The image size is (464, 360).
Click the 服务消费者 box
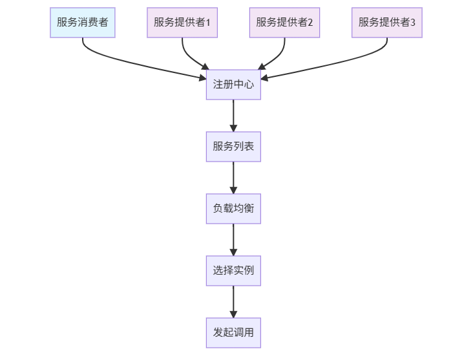pyautogui.click(x=82, y=23)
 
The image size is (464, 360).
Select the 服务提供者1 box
pyautogui.click(x=182, y=23)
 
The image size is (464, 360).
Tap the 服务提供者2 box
pyautogui.click(x=284, y=23)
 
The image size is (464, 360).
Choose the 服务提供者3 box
pyautogui.click(x=386, y=23)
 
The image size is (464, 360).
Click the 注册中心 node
pyautogui.click(x=233, y=84)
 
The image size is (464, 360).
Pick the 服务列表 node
pyautogui.click(x=233, y=146)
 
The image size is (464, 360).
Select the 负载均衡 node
pyautogui.click(x=233, y=208)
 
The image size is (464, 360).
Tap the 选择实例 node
pyautogui.click(x=233, y=270)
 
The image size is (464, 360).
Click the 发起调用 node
pyautogui.click(x=233, y=333)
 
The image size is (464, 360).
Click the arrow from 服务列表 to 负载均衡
pyautogui.click(x=233, y=177)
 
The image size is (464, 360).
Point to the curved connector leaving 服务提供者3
pyautogui.click(x=343, y=63)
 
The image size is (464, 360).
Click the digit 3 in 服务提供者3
pyautogui.click(x=413, y=23)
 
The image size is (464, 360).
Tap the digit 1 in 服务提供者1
pyautogui.click(x=208, y=23)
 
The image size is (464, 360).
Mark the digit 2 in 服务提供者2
pyautogui.click(x=310, y=23)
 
